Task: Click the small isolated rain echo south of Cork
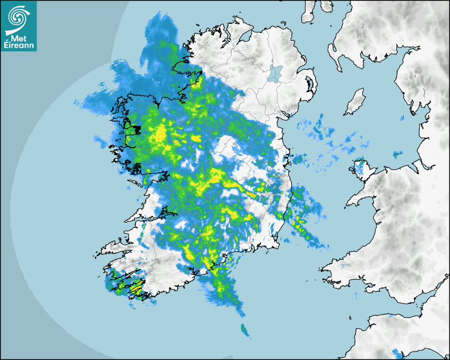(245, 330)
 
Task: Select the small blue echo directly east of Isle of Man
(402, 117)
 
